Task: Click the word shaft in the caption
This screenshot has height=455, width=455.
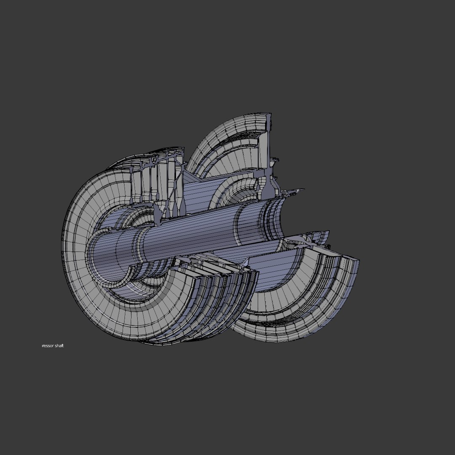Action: point(59,346)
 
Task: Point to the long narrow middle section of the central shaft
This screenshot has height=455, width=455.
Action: point(190,236)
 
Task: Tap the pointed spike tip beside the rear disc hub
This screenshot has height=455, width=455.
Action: point(301,191)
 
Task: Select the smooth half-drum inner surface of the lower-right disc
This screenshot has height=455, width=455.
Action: point(270,274)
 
